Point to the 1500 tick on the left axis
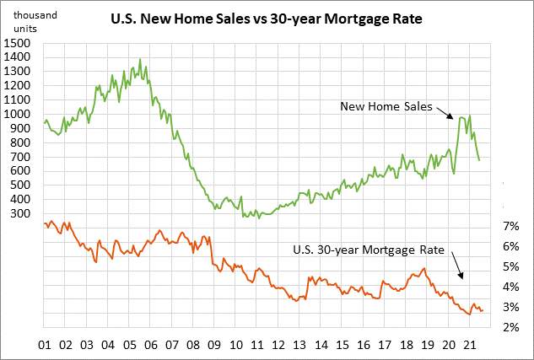[19, 42]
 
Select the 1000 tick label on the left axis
[19, 114]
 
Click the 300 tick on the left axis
[23, 214]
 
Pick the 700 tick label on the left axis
[23, 157]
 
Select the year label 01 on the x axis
[45, 346]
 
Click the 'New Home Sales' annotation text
[386, 107]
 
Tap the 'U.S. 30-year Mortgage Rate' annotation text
[369, 249]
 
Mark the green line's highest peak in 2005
[139, 60]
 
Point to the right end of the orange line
[483, 312]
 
